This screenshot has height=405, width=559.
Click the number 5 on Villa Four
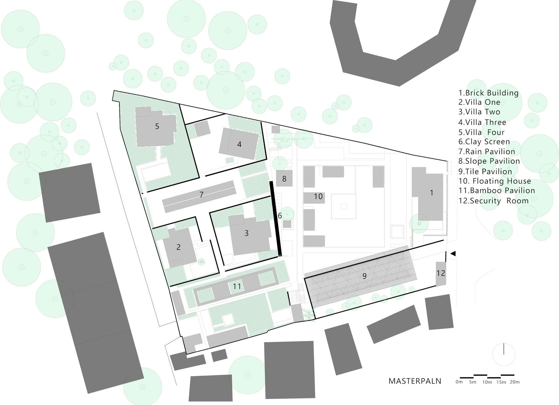(x=157, y=126)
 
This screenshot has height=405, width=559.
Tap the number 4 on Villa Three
(x=239, y=144)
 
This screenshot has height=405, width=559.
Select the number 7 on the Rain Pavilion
(x=201, y=195)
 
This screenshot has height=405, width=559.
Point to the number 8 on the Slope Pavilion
(x=284, y=179)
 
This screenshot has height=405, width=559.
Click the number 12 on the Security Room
(x=441, y=273)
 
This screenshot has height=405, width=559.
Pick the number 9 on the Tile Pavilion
(x=364, y=276)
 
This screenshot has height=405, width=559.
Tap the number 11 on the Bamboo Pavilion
(x=237, y=286)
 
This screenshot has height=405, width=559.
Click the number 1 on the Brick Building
(x=432, y=193)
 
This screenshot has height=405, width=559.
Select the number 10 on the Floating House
(x=318, y=197)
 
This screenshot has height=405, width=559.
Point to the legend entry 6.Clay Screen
(x=484, y=142)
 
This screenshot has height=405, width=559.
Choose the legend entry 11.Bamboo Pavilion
(x=496, y=191)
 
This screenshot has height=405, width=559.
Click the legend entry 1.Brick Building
(x=488, y=93)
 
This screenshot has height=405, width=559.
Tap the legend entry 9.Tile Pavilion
(x=485, y=172)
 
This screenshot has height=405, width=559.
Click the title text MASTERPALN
(x=415, y=381)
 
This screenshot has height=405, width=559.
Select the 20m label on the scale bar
(x=514, y=382)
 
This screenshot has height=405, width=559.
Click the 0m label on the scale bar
(x=459, y=382)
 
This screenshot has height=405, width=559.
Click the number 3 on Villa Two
(x=247, y=233)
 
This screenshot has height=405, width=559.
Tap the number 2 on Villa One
(x=178, y=247)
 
